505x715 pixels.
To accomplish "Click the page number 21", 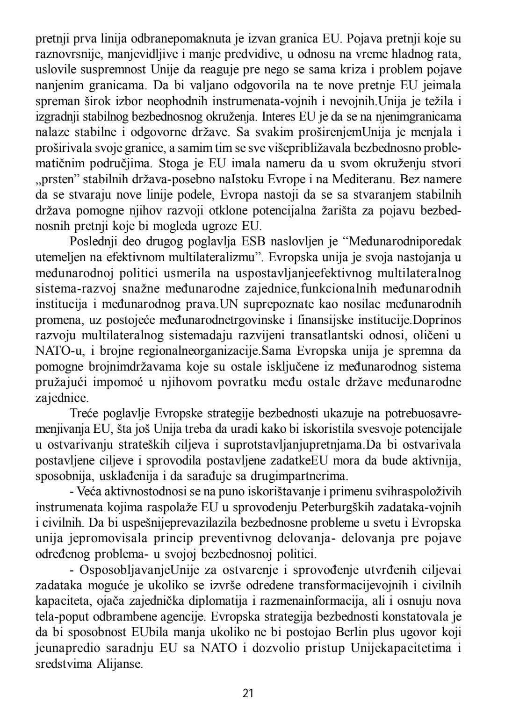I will (248, 693).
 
